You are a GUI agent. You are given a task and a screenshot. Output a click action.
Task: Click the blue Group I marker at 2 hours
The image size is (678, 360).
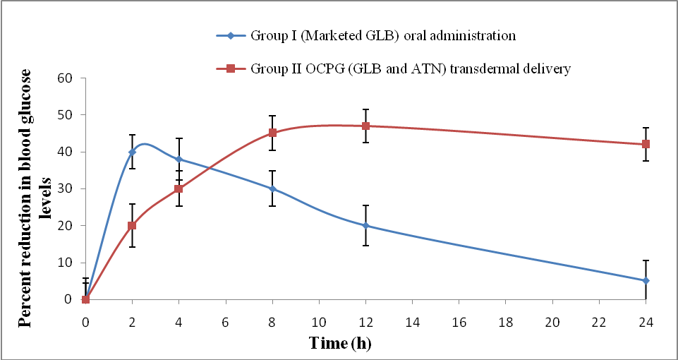point(132,152)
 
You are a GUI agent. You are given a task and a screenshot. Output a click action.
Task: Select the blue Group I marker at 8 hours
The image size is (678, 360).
point(272,188)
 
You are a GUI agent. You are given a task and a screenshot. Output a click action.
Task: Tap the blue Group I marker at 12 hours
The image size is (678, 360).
point(365,226)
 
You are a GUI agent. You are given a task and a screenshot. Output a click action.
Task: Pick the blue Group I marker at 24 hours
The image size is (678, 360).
point(646,281)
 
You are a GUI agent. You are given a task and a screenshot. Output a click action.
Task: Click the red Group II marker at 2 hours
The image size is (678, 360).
point(132,226)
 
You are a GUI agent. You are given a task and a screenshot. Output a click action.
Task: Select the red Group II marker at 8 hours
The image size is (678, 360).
point(272,133)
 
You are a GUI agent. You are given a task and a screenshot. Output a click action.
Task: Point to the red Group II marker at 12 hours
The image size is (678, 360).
point(365,126)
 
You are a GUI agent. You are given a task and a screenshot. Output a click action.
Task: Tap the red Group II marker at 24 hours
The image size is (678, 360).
point(646,144)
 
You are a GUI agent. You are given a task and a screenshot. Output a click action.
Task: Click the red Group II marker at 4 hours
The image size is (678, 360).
point(178,188)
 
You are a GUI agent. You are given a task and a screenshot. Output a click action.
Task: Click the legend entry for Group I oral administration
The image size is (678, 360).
point(382,35)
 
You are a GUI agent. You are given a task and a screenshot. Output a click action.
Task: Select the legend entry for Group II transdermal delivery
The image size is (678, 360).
point(409,68)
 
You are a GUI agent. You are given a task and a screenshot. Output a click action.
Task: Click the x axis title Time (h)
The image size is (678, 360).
point(340,344)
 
